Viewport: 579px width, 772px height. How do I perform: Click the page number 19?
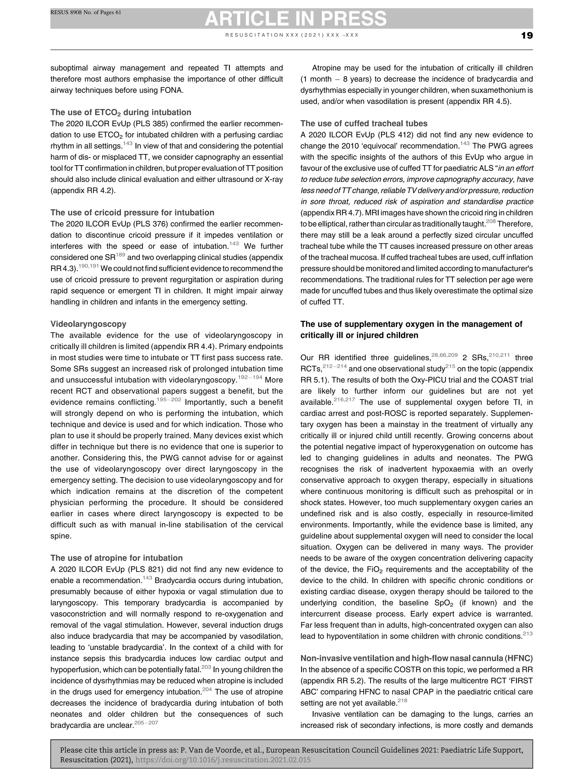(527, 36)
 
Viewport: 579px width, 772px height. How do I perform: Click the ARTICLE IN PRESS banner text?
(295, 18)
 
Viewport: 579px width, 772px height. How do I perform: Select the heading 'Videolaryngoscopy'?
(88, 324)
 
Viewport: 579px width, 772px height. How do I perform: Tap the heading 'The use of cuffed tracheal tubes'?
(364, 124)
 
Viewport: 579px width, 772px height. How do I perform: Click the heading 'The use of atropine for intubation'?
(116, 558)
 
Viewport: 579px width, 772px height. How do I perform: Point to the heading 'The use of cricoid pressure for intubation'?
(132, 213)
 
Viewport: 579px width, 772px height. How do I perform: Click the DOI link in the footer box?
(223, 760)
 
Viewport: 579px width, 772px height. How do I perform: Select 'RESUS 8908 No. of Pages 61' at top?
(86, 12)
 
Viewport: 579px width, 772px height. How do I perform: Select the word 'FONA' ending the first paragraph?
(171, 90)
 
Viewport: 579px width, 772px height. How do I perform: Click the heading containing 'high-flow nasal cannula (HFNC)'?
(416, 658)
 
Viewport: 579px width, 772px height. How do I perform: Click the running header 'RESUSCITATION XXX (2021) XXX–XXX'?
(292, 35)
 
